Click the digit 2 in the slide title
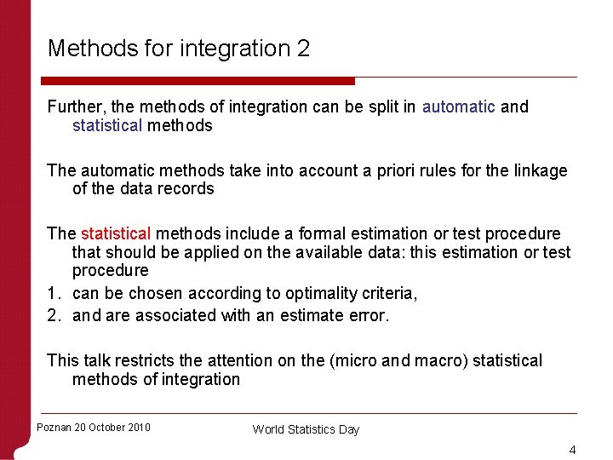pos(303,49)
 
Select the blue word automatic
pos(458,106)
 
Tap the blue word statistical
pos(107,125)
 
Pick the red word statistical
pos(116,233)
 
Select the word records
pos(186,189)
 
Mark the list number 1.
pos(52,293)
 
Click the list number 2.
pos(52,315)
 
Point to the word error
pos(370,315)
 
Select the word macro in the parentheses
pos(433,360)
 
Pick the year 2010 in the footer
pos(136,428)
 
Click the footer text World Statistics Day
pos(306,429)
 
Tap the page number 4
pos(573,450)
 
